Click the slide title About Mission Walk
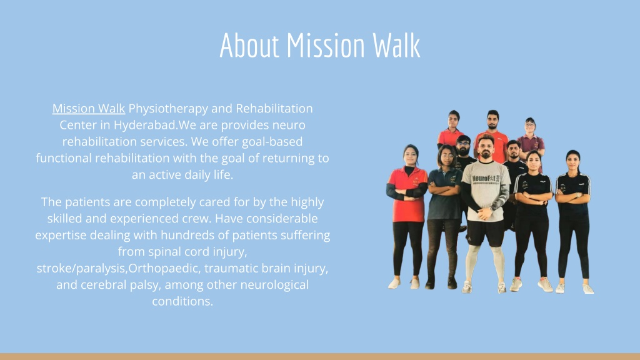(320, 45)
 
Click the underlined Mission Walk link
(89, 109)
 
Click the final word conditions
(182, 301)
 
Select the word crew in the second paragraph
(196, 219)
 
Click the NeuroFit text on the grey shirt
(486, 179)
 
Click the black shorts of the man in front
(485, 232)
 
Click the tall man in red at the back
(493, 135)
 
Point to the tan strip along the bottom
(320, 356)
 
